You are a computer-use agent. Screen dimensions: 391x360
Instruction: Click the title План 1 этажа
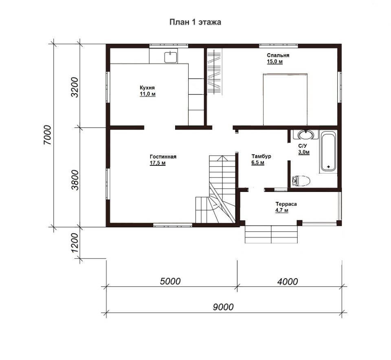(x=195, y=22)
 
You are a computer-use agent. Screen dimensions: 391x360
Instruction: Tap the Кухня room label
(x=147, y=88)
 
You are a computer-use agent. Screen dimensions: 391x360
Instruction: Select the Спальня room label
(x=278, y=55)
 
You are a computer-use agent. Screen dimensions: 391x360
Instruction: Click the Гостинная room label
(x=163, y=156)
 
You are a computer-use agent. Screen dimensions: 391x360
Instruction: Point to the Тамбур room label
(x=261, y=156)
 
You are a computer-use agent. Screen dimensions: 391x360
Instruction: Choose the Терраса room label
(x=286, y=204)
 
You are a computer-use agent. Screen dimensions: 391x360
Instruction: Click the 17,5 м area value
(x=158, y=163)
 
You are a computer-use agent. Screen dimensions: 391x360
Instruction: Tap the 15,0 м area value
(x=275, y=61)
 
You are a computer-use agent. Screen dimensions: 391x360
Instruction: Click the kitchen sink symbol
(x=171, y=57)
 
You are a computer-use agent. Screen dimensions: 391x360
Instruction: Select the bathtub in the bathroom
(x=328, y=151)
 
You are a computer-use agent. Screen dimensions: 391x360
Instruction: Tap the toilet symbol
(x=301, y=180)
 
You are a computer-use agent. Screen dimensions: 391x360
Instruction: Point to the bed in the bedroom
(x=285, y=99)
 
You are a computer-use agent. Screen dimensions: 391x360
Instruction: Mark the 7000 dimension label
(x=48, y=135)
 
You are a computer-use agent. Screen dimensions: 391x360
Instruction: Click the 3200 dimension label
(x=75, y=87)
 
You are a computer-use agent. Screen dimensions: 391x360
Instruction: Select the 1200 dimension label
(x=75, y=243)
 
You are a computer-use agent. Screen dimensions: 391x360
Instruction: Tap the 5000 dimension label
(x=170, y=281)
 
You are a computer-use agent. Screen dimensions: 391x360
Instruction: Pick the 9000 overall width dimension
(x=223, y=307)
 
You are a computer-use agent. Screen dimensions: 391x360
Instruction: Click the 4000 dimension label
(x=288, y=281)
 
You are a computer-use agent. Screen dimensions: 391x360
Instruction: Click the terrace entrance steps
(x=271, y=234)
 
